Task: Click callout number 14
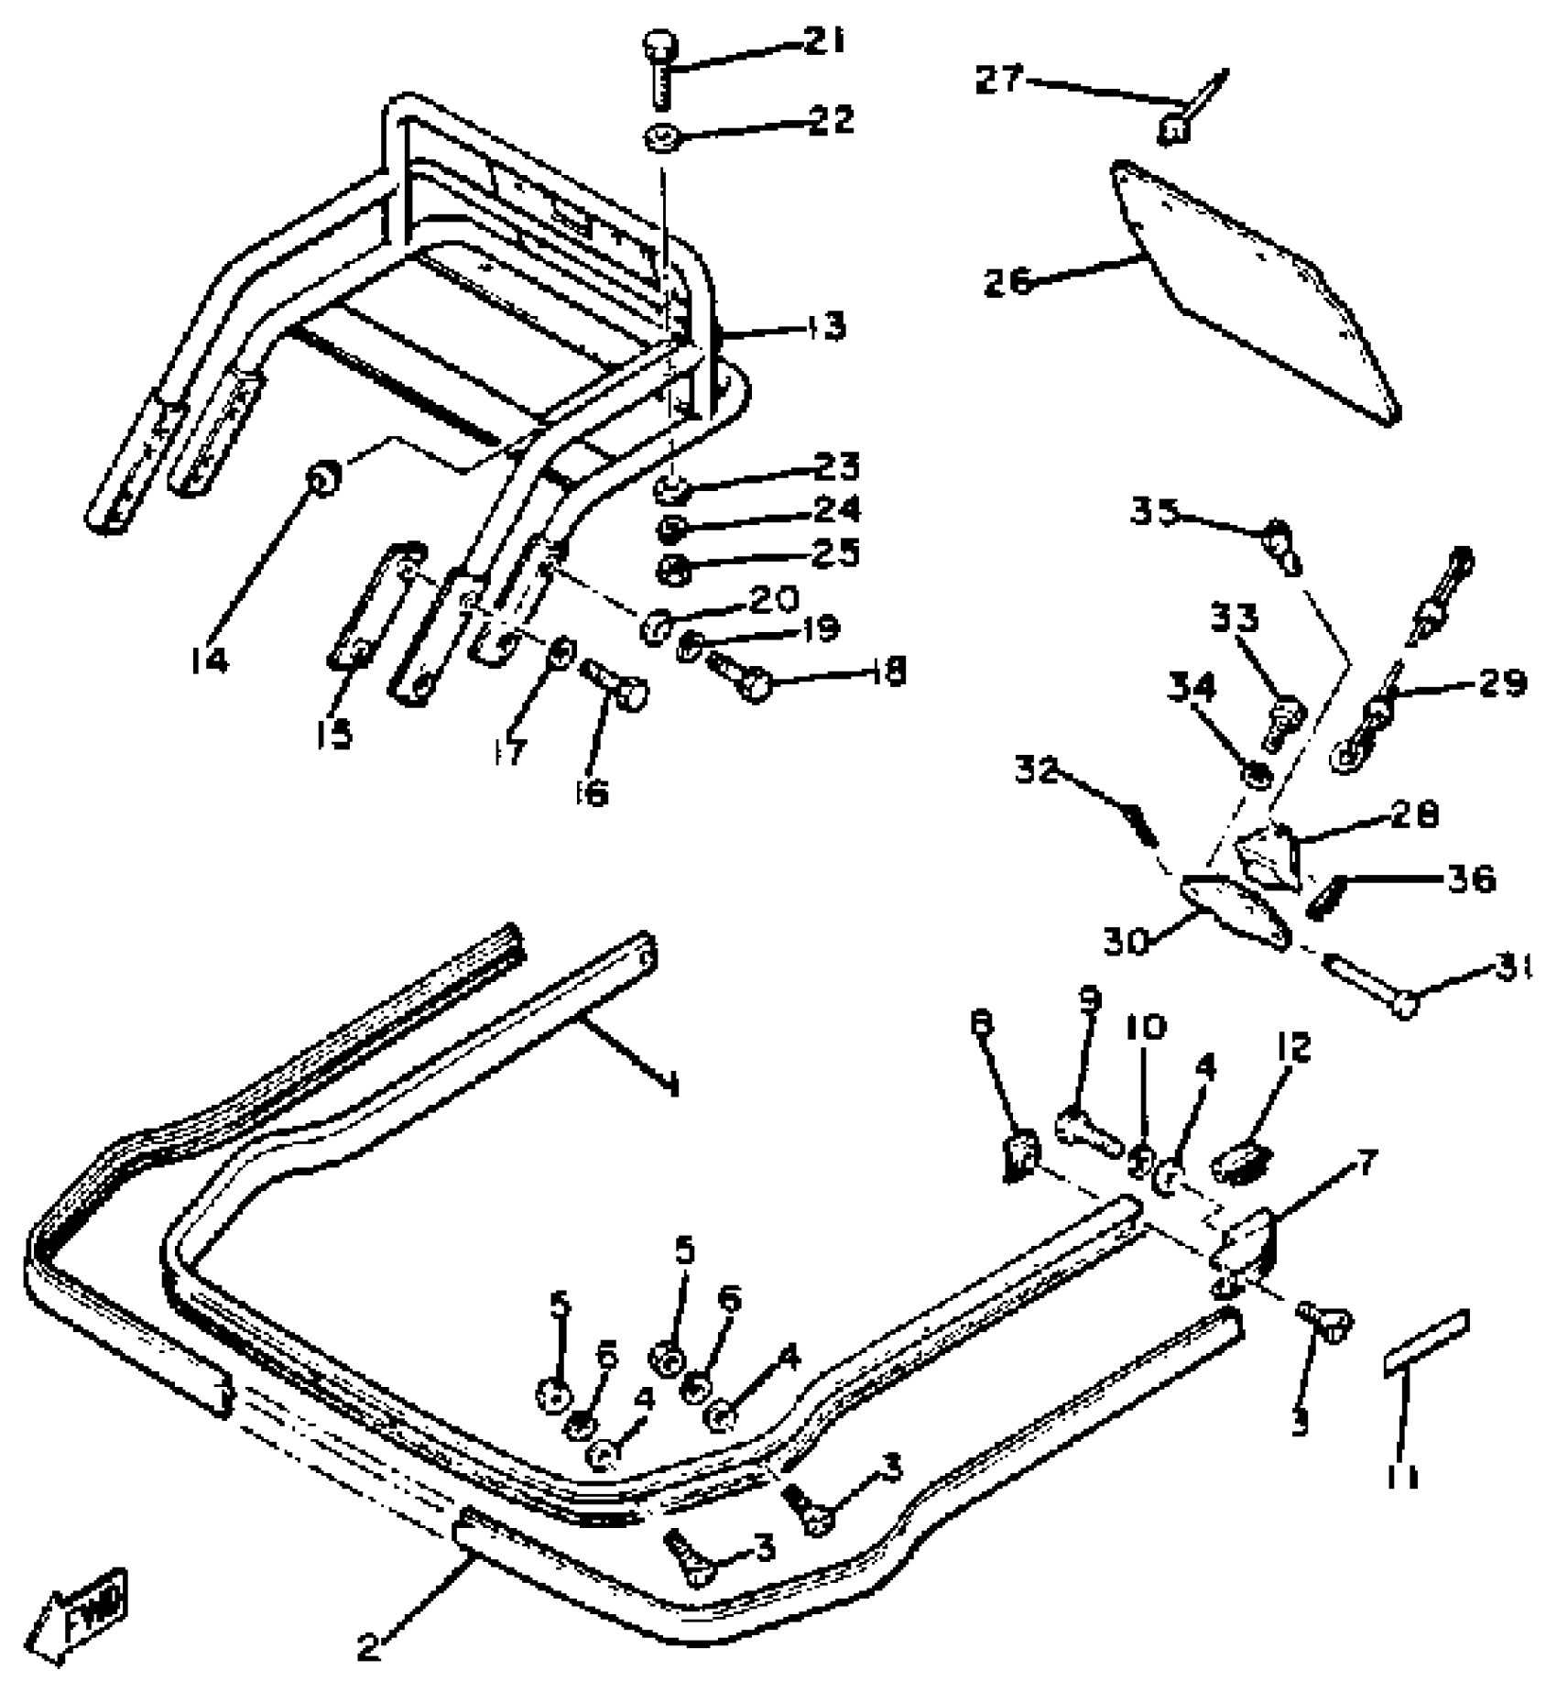pyautogui.click(x=210, y=660)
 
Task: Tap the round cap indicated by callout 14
pyautogui.click(x=322, y=477)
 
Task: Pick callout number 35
pyautogui.click(x=1155, y=511)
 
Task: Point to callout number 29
pyautogui.click(x=1499, y=682)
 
